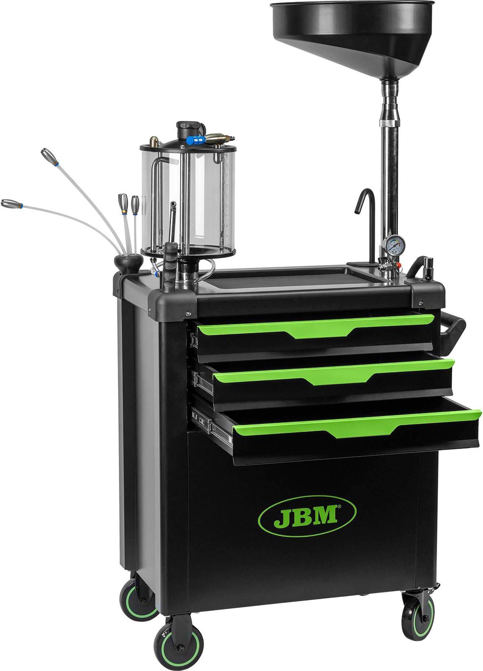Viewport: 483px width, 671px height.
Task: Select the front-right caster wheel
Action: (x=422, y=613)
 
